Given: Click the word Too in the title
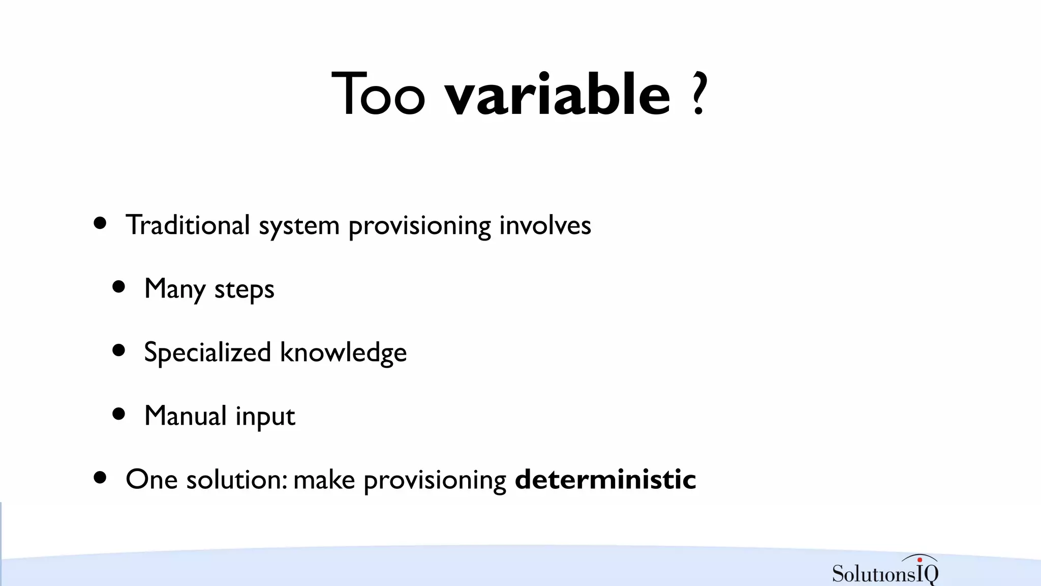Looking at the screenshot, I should [378, 95].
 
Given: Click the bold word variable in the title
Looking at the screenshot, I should [558, 95].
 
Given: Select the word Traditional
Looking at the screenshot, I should [188, 225].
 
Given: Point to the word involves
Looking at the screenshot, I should [545, 225].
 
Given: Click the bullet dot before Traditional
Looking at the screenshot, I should [100, 223].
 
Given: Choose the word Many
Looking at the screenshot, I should [175, 289].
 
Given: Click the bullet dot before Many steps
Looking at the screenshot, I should [118, 287].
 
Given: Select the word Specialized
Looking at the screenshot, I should [207, 353].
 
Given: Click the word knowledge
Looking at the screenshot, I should [343, 353].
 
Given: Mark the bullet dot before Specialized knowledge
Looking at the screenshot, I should [118, 350].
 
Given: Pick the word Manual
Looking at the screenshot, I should [186, 416].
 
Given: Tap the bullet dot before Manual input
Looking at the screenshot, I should [118, 414].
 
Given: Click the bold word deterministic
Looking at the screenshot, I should [605, 480].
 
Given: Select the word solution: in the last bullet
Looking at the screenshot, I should [237, 480].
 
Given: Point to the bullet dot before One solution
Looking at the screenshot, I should [100, 477].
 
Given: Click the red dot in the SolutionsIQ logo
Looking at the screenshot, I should [920, 560].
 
